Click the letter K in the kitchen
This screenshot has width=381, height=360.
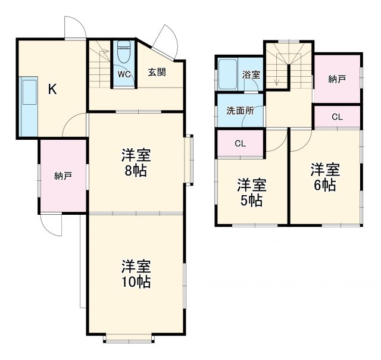coord(52,90)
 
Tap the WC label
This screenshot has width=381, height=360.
coord(124,74)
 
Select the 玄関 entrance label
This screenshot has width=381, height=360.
coord(157,73)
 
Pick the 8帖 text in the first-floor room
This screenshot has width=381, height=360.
coord(136,171)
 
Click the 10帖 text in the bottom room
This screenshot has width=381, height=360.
coord(136,281)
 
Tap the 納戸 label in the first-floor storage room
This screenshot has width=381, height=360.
coord(63,176)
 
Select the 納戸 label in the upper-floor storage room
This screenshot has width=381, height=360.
coord(337,79)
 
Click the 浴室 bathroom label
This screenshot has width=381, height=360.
coord(251,75)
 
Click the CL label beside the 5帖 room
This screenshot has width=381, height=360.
coord(241,143)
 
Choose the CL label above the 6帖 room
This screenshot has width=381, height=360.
coord(337,117)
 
